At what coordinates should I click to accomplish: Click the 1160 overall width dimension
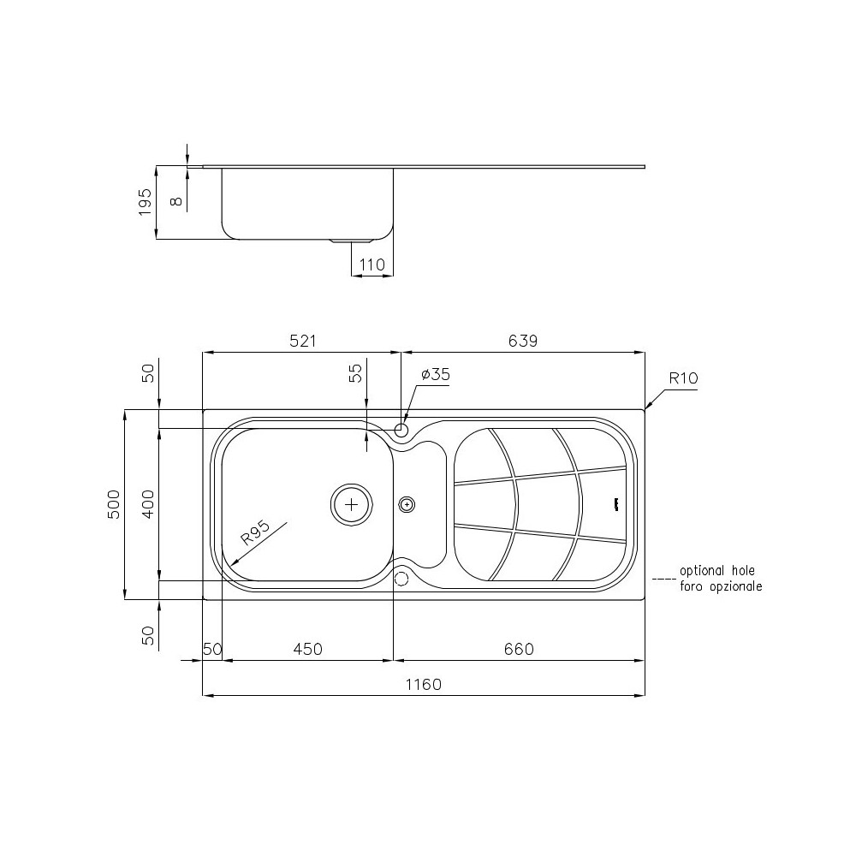(x=423, y=685)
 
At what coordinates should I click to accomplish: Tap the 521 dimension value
(x=303, y=341)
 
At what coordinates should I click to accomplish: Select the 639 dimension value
(x=522, y=341)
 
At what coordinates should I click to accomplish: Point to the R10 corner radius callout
(x=684, y=377)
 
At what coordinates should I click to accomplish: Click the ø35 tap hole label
(x=436, y=374)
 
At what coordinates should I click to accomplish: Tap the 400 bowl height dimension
(x=148, y=505)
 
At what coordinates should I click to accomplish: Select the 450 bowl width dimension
(x=307, y=649)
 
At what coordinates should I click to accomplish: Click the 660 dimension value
(x=518, y=649)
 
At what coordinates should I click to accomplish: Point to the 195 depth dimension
(x=145, y=203)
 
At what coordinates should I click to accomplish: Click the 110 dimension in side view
(x=372, y=265)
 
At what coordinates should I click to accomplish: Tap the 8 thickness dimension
(x=175, y=200)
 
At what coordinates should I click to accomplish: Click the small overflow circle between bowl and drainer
(x=407, y=504)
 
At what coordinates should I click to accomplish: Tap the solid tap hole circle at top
(x=401, y=428)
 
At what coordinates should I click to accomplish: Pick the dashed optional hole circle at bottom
(x=401, y=579)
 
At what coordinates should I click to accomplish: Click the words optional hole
(x=717, y=571)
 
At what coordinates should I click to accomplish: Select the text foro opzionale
(x=721, y=586)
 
